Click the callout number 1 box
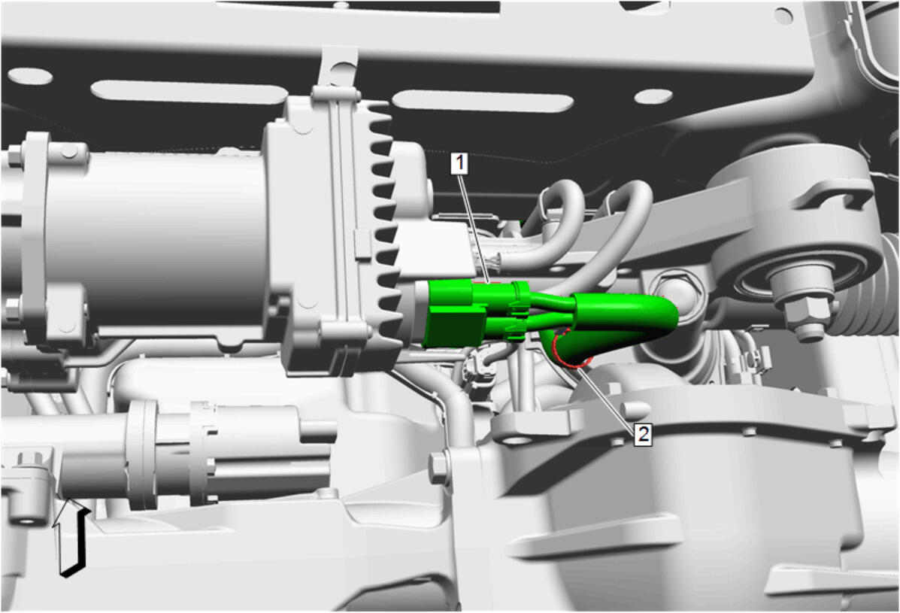point(459,163)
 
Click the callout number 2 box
point(643,433)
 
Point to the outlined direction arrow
point(70,537)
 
